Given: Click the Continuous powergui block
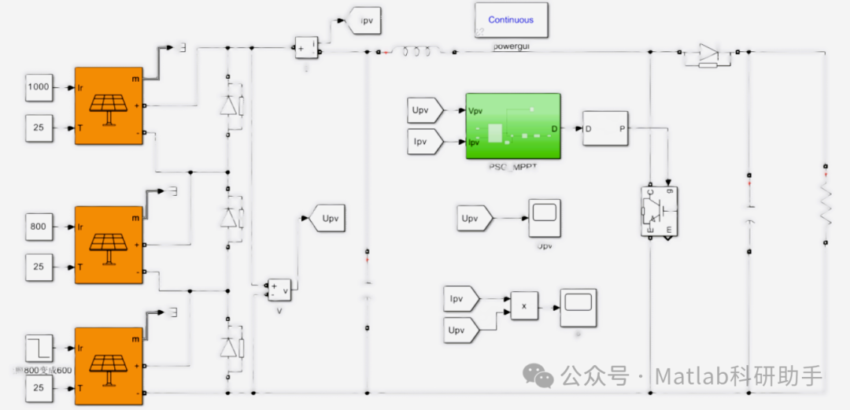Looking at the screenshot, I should click(510, 20).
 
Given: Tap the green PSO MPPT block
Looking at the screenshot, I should click(513, 126).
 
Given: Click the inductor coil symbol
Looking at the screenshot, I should click(416, 53).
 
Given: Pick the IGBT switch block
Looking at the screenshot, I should click(658, 211).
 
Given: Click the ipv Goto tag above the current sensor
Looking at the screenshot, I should click(363, 21).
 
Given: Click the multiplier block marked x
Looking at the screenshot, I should click(524, 305).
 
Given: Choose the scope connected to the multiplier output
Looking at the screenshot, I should click(578, 308).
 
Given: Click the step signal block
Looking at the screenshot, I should click(39, 347).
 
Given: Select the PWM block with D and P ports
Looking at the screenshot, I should click(604, 129).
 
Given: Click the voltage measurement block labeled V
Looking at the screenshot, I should click(279, 290).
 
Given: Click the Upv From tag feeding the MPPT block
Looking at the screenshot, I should click(426, 111).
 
